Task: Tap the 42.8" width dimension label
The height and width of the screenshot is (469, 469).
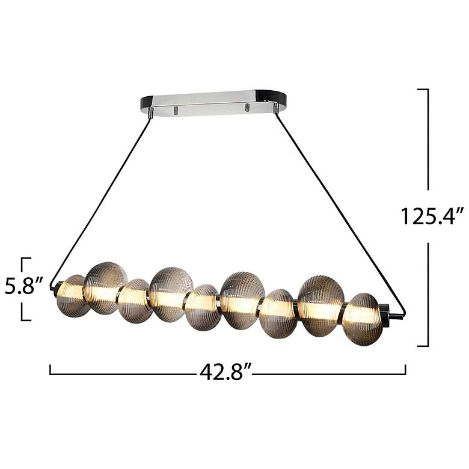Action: click(x=225, y=372)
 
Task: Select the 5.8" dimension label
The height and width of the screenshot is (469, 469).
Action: click(x=23, y=286)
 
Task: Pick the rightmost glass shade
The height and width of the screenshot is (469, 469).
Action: click(x=363, y=319)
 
